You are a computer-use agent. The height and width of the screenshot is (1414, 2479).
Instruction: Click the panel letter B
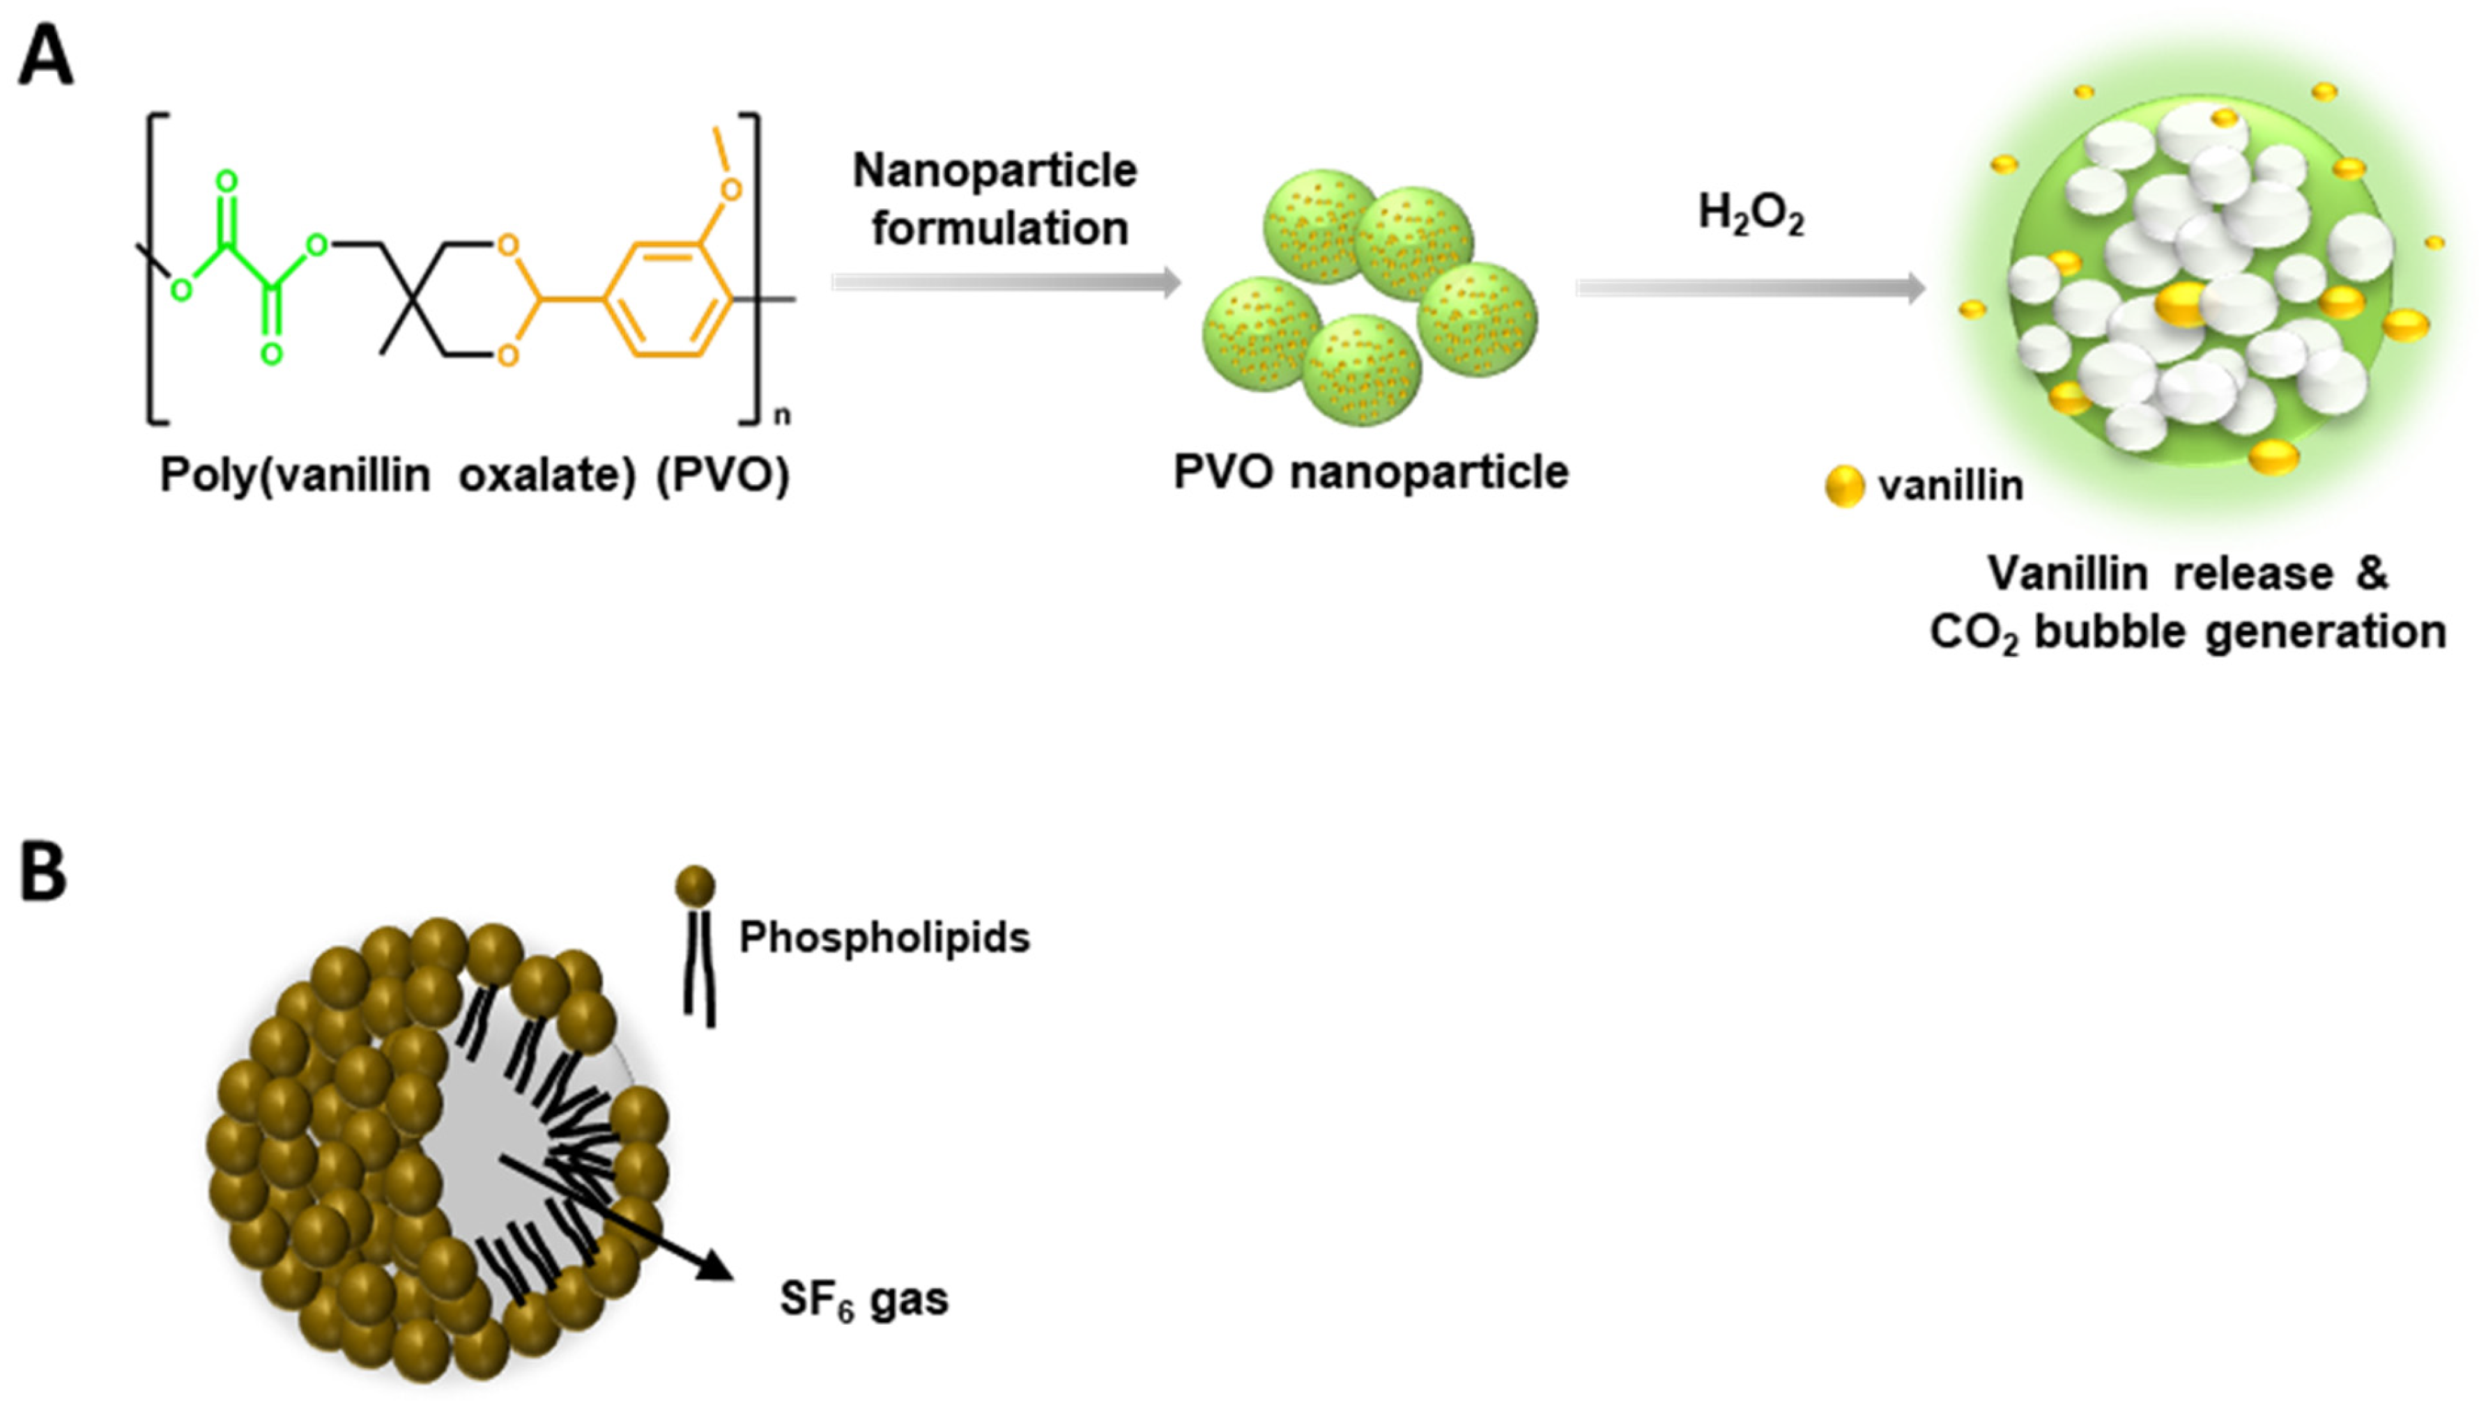(44, 873)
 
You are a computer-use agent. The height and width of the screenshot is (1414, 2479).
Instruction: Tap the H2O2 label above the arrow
(1751, 214)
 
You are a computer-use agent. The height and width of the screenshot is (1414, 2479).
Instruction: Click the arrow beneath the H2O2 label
(1749, 288)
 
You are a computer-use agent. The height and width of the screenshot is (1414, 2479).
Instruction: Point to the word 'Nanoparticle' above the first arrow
(995, 171)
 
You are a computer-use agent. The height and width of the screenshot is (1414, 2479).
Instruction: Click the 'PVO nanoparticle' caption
(1371, 473)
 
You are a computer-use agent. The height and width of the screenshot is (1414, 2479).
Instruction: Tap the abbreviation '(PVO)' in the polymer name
(723, 476)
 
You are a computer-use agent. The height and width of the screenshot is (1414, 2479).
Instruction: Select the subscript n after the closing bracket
(782, 417)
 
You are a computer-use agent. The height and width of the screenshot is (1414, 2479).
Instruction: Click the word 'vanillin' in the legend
(1951, 485)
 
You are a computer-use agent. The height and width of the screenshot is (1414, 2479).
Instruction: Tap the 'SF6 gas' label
(864, 1299)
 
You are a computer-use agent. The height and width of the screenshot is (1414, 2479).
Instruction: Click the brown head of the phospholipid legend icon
(696, 886)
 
